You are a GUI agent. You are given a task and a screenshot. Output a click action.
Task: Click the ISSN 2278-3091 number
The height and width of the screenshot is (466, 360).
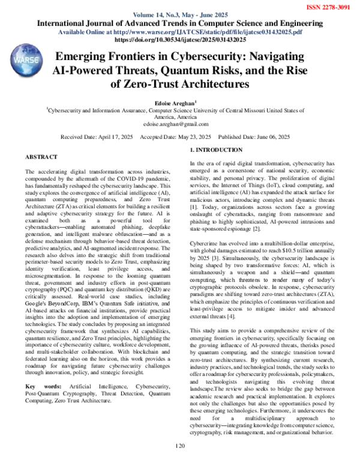(329, 5)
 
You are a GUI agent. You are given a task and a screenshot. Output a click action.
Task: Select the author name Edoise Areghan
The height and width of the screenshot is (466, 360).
(179, 103)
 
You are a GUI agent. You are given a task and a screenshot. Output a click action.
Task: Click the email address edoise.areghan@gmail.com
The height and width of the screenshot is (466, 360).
(180, 124)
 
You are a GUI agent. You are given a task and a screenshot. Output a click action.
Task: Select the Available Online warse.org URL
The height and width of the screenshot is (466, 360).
(180, 31)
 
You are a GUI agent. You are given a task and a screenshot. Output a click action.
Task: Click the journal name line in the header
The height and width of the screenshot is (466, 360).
(180, 23)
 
